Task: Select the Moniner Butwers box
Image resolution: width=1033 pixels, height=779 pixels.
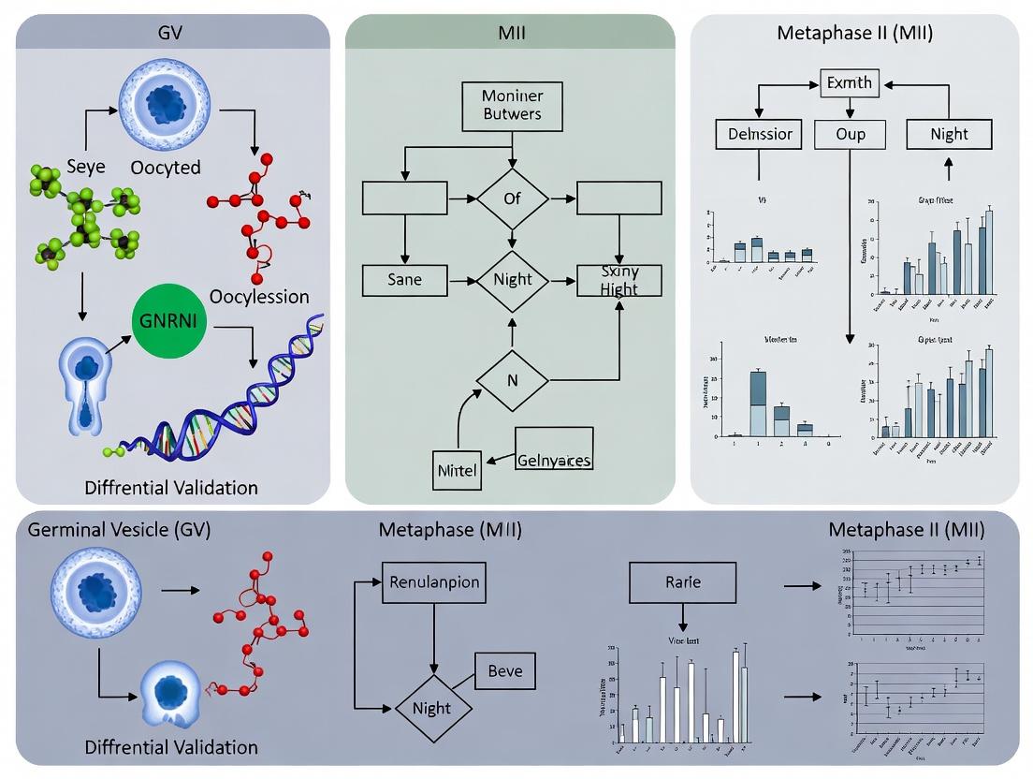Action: point(511,106)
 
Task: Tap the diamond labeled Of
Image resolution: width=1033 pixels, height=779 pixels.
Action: point(512,198)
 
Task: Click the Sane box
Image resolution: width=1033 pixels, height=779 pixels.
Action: point(404,279)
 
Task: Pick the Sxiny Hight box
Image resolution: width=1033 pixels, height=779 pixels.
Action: point(619,280)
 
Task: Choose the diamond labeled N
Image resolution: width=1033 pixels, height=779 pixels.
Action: point(512,380)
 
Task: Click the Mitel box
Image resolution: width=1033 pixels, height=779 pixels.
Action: point(458,470)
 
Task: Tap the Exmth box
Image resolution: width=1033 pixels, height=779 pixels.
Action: point(849,83)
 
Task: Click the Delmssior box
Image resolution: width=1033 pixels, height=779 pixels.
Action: point(759,135)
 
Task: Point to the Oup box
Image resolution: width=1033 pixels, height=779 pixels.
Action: point(850,135)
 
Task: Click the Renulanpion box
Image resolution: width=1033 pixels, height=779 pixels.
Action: point(433,582)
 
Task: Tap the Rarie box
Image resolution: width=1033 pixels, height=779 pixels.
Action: point(683,582)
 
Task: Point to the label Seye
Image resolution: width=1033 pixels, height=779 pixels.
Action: point(86,167)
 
